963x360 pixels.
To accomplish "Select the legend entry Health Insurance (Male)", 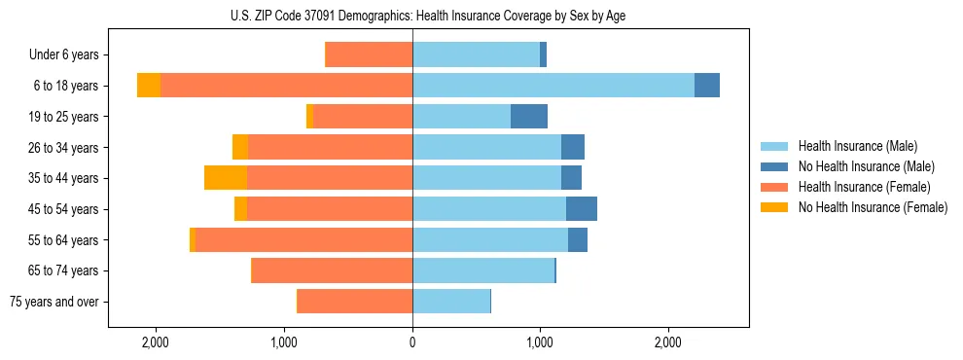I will [857, 146].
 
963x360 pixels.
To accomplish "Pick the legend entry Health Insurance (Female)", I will [864, 187].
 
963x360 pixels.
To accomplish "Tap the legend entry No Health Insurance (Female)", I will [873, 207].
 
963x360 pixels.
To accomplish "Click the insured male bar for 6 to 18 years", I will [553, 86].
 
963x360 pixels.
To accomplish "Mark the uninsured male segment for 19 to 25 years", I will [529, 117].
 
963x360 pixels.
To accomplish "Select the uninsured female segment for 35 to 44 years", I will [226, 178].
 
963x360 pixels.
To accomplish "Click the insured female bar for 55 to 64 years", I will [303, 240].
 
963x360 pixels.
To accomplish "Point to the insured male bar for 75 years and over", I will [451, 302].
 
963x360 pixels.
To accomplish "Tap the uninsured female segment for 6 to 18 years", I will [149, 86].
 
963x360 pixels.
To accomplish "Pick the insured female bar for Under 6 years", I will [369, 55].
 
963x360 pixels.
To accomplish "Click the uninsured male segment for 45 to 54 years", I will [582, 209].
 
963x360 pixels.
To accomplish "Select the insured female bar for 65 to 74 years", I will [332, 270].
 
